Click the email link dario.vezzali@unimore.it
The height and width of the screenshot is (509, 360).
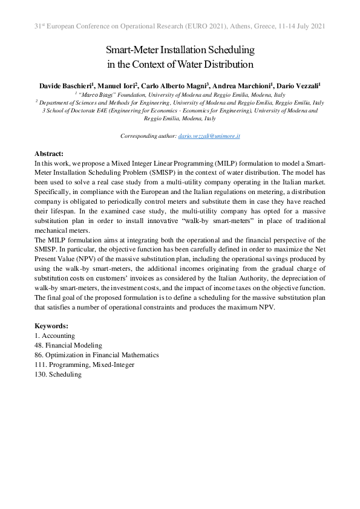209,137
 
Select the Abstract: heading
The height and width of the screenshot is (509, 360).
49,154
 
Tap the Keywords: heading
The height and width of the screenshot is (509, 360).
51,326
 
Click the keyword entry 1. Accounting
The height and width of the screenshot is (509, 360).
55,336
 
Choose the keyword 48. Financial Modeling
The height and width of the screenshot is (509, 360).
68,345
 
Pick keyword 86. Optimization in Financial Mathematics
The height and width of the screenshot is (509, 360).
97,355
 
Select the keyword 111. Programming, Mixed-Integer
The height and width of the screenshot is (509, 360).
85,365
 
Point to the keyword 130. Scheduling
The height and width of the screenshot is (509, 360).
58,374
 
